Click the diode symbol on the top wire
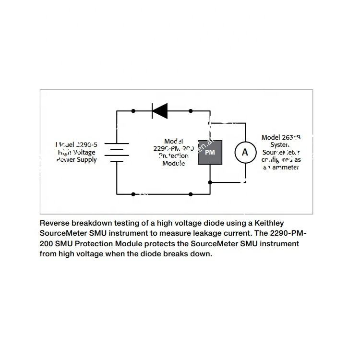coord(159,111)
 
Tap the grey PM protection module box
coord(210,152)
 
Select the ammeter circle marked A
coord(245,152)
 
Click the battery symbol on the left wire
coord(117,152)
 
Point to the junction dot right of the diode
coord(191,111)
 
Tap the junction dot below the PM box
coord(210,182)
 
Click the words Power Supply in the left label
coord(76,160)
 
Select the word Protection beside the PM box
coord(173,156)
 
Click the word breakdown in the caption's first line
coord(97,223)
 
